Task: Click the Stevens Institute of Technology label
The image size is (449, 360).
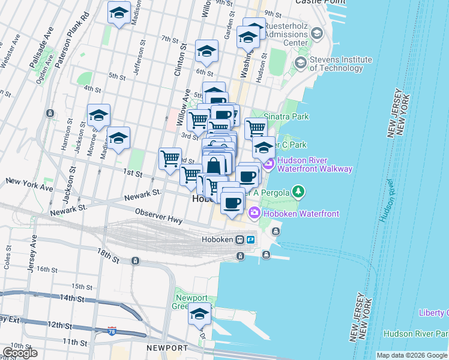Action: click(341, 64)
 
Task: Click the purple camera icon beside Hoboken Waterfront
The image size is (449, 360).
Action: click(254, 213)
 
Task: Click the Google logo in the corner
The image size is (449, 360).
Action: click(19, 353)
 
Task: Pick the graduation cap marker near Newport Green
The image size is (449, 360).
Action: click(199, 314)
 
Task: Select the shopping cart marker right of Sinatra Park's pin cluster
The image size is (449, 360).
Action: click(256, 127)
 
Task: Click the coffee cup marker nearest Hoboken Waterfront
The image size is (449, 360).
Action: click(232, 202)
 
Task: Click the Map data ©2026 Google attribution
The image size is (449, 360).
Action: click(411, 355)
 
